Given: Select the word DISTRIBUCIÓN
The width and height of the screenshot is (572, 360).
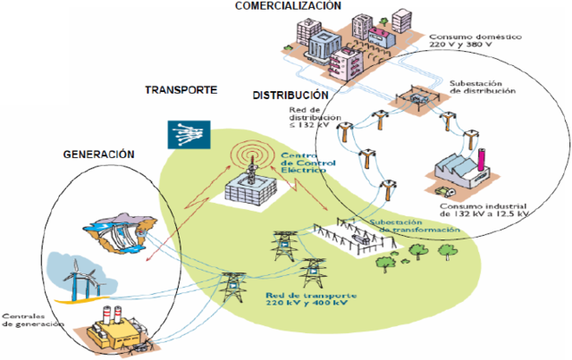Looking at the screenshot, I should (x=291, y=95).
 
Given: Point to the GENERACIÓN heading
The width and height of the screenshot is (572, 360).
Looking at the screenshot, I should (x=98, y=155).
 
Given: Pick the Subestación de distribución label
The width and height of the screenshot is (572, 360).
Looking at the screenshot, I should (x=484, y=87).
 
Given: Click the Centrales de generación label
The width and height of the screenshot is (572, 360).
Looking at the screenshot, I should (x=32, y=321).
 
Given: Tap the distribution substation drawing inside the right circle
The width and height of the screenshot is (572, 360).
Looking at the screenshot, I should (x=413, y=99).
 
